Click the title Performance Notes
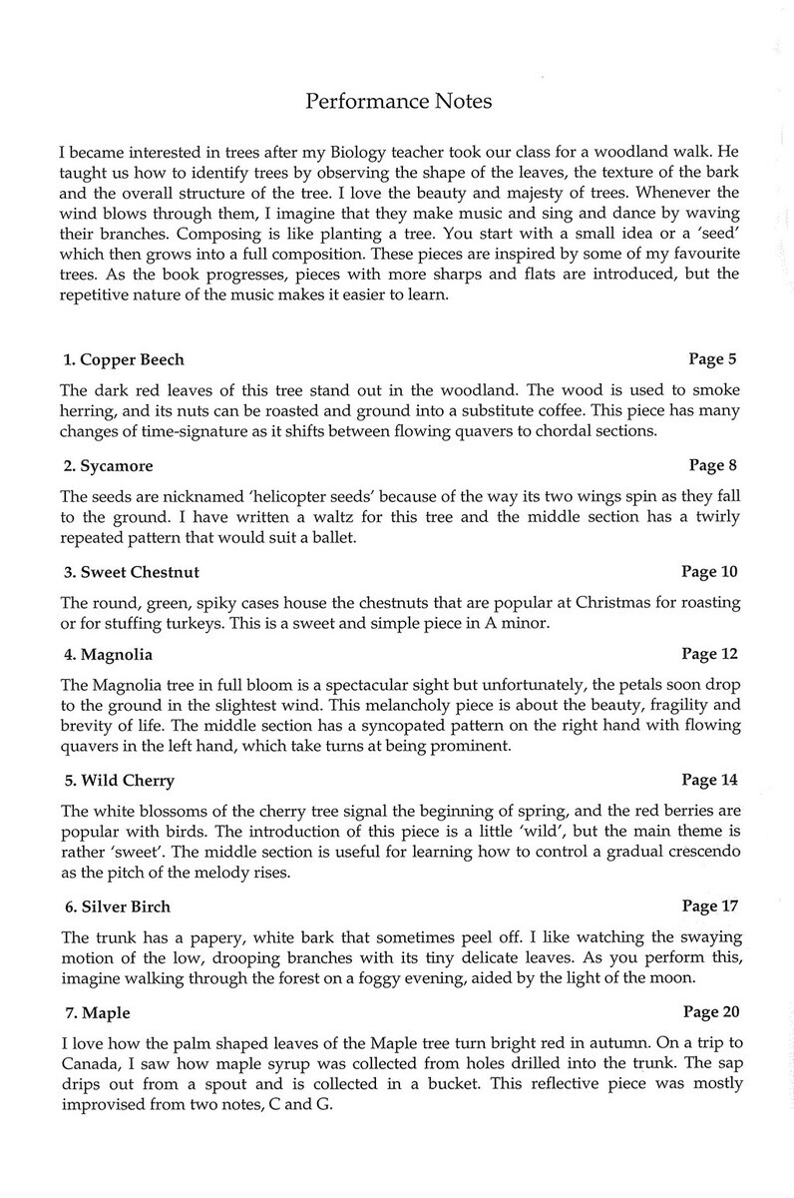point(398,101)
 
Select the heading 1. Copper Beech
point(123,359)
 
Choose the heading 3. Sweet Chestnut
point(130,572)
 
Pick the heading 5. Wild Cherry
point(118,780)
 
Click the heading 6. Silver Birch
point(117,906)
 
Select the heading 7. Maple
point(97,1012)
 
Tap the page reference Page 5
point(712,358)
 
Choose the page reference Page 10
point(708,572)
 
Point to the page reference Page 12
point(708,655)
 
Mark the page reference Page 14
point(708,780)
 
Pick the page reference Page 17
point(708,906)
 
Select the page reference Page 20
point(708,1012)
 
